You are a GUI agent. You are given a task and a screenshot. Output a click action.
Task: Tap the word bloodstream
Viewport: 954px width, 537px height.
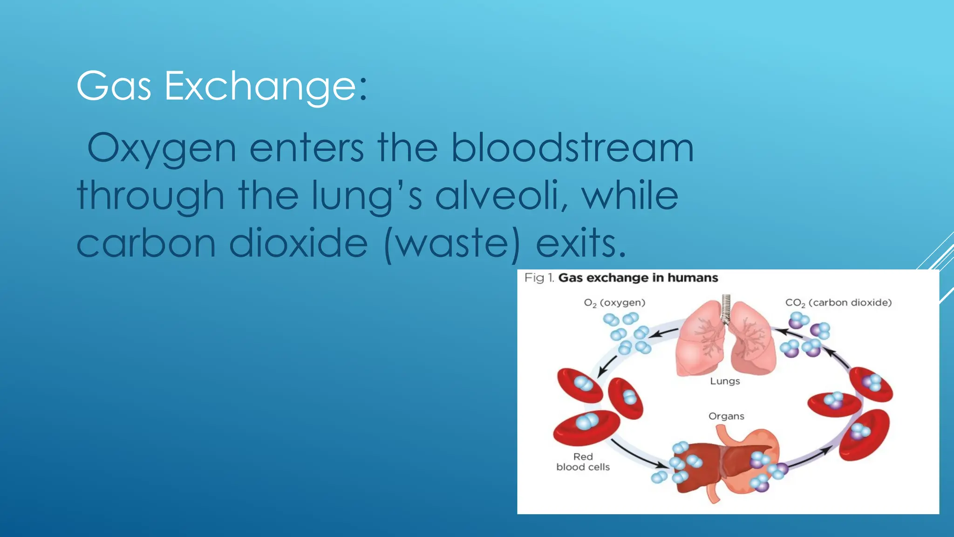[572, 148]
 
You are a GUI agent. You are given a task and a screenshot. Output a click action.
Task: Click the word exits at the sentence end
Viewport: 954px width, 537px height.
[580, 243]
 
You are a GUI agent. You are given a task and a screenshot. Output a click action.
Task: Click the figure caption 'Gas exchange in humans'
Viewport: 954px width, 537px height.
[638, 278]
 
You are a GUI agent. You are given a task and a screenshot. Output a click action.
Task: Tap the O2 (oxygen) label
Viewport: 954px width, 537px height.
[614, 303]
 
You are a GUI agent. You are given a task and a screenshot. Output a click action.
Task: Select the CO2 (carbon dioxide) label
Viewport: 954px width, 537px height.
[838, 303]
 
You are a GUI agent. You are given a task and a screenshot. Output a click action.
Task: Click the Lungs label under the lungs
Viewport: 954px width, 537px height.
[725, 381]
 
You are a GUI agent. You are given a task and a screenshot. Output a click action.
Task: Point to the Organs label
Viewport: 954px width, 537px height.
[726, 416]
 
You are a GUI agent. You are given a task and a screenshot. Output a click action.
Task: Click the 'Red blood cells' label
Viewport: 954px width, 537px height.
[583, 462]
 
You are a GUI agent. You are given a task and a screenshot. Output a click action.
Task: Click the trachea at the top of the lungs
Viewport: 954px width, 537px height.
[726, 308]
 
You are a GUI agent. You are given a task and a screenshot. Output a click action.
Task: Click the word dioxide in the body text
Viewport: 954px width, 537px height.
[298, 243]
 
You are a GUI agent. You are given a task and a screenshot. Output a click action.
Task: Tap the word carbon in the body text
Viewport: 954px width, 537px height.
[146, 243]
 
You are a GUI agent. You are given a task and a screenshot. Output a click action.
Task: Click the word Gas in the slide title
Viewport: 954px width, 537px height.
[114, 86]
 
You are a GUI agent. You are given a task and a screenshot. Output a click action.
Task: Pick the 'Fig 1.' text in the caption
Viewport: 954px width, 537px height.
[539, 278]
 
